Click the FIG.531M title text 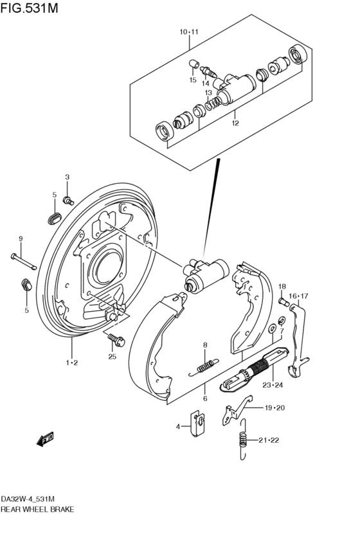[x=29, y=8]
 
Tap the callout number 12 [x=235, y=123]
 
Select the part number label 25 [x=112, y=357]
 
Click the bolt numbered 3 [x=68, y=201]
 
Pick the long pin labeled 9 [x=23, y=262]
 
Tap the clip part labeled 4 [x=199, y=423]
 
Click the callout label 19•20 [x=274, y=408]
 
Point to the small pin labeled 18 [x=284, y=301]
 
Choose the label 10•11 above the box [x=189, y=32]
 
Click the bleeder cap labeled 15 [x=194, y=64]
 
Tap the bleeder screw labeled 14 [x=208, y=71]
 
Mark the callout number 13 [x=208, y=93]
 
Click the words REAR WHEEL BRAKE [x=37, y=509]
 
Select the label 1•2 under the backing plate [x=72, y=363]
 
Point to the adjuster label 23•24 [x=273, y=385]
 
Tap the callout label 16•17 [x=298, y=296]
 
